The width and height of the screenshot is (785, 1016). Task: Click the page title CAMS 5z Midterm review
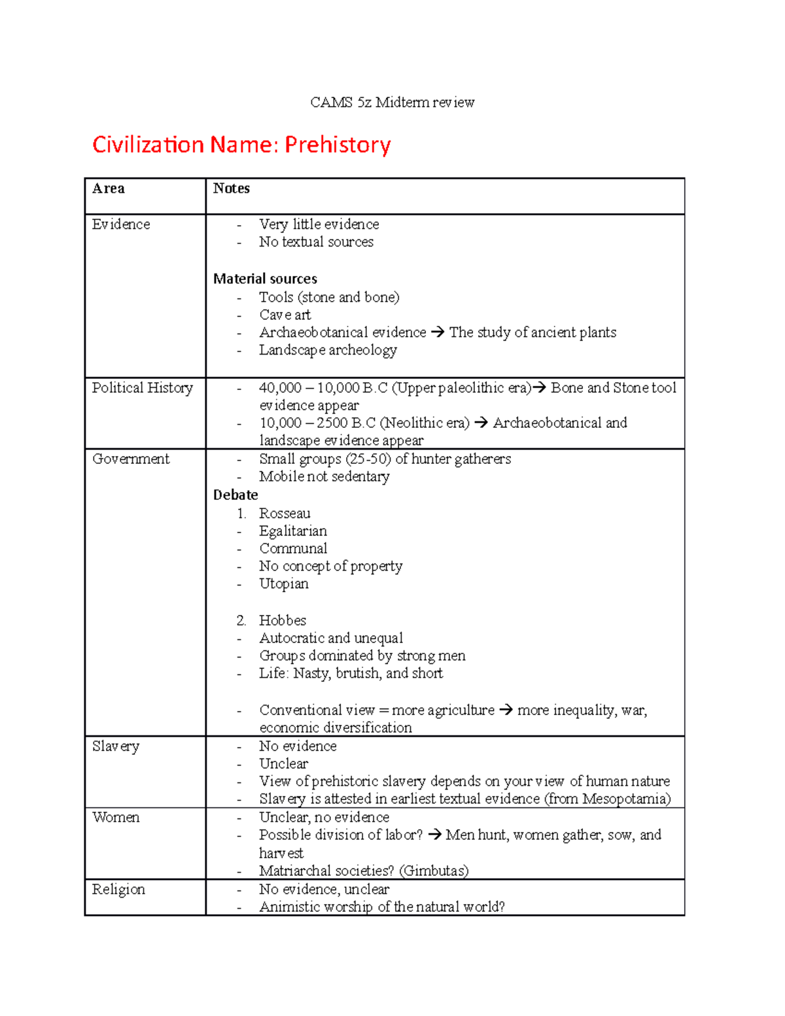pyautogui.click(x=392, y=102)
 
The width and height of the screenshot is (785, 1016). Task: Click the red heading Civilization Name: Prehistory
pyautogui.click(x=241, y=145)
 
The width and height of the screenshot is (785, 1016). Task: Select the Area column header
pyautogui.click(x=108, y=188)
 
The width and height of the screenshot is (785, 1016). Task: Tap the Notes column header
pyautogui.click(x=231, y=188)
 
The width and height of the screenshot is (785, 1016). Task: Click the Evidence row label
pyautogui.click(x=121, y=224)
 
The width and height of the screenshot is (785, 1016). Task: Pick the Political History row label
pyautogui.click(x=142, y=388)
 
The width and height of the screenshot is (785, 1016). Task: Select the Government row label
pyautogui.click(x=131, y=459)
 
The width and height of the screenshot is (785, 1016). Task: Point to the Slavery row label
pyautogui.click(x=116, y=746)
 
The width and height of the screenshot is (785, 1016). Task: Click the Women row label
pyautogui.click(x=116, y=817)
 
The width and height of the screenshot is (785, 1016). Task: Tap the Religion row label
pyautogui.click(x=118, y=889)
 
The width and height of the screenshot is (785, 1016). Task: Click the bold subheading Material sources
pyautogui.click(x=265, y=279)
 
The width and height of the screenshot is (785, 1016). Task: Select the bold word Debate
pyautogui.click(x=235, y=495)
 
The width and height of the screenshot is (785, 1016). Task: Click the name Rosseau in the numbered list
pyautogui.click(x=285, y=514)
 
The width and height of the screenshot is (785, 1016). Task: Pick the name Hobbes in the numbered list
pyautogui.click(x=283, y=620)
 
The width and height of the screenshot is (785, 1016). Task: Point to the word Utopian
pyautogui.click(x=283, y=584)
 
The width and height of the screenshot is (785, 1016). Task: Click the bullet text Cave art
pyautogui.click(x=285, y=315)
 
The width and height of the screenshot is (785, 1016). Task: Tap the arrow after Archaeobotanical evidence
pyautogui.click(x=438, y=332)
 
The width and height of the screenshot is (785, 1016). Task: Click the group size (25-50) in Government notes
pyautogui.click(x=368, y=459)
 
